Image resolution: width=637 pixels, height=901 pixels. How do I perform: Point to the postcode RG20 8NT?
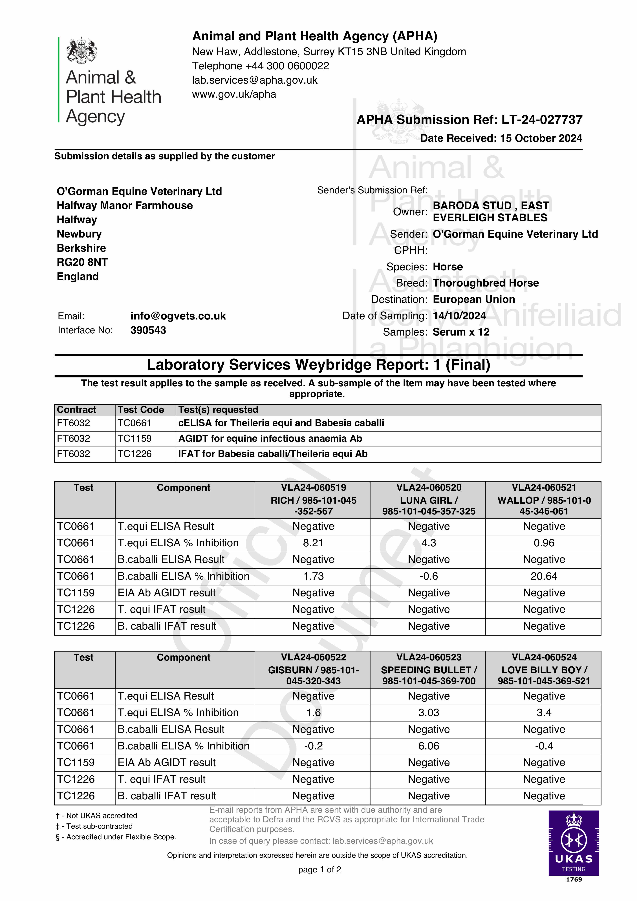tap(82, 262)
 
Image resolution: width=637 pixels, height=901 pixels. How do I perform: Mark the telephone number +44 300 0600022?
tap(287, 66)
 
